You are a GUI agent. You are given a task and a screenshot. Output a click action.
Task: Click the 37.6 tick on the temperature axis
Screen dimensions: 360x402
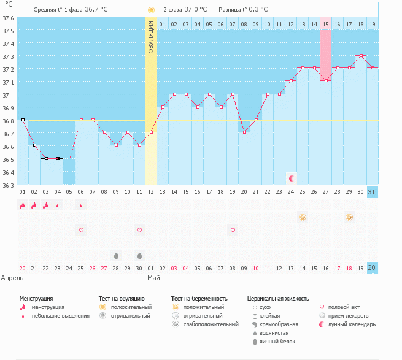click(x=7, y=18)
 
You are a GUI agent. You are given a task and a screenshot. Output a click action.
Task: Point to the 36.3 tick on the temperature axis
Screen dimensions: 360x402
click(x=7, y=185)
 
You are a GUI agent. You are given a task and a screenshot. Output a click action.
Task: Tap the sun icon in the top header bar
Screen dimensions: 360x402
click(x=151, y=10)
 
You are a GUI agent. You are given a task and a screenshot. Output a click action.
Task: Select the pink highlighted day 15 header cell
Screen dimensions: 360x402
click(x=326, y=24)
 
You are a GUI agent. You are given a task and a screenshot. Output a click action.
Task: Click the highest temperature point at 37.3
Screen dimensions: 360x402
click(x=361, y=56)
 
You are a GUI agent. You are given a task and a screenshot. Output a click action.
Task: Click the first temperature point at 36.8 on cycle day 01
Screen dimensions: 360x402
click(x=22, y=120)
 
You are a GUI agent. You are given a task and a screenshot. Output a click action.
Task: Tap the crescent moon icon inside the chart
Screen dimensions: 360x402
click(x=292, y=178)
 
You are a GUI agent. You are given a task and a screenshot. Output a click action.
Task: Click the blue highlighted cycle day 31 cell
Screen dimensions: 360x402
click(x=372, y=192)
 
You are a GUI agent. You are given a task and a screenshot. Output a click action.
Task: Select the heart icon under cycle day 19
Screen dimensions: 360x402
click(x=233, y=230)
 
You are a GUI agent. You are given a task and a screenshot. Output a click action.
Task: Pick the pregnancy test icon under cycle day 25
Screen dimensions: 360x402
click(x=303, y=217)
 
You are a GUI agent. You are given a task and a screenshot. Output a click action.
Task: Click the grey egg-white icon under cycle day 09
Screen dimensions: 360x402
click(x=115, y=255)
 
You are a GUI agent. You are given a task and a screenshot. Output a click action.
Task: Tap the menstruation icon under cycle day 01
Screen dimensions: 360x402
click(x=22, y=205)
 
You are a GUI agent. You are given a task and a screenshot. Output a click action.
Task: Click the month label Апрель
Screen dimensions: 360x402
click(x=12, y=277)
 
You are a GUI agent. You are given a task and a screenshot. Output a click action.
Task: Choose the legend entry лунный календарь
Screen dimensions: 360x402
click(x=352, y=324)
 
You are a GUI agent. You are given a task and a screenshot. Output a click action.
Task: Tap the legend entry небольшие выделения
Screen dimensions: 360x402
click(x=60, y=316)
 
